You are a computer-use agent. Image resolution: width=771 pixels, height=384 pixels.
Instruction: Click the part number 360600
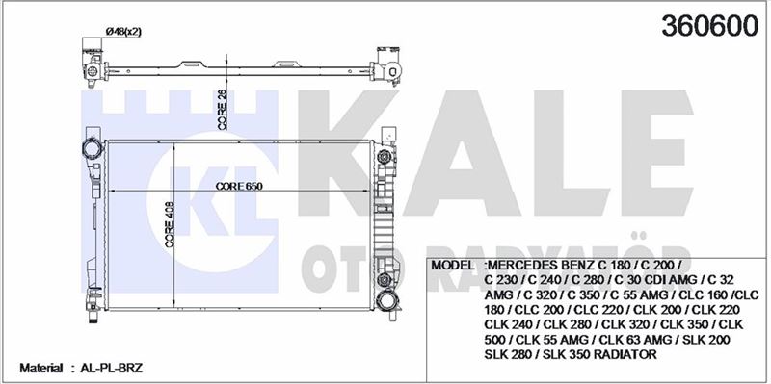point(709,26)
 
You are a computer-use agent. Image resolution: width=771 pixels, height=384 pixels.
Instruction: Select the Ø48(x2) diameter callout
point(123,32)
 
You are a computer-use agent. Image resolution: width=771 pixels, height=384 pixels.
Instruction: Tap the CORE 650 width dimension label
point(239,186)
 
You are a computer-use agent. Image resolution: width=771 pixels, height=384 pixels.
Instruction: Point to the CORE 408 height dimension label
point(171,224)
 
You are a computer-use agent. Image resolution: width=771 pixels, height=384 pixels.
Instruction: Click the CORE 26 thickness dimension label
point(223,110)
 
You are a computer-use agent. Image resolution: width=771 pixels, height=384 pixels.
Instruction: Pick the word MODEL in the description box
point(452,266)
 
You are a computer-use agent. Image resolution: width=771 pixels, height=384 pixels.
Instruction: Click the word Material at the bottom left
point(40,368)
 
